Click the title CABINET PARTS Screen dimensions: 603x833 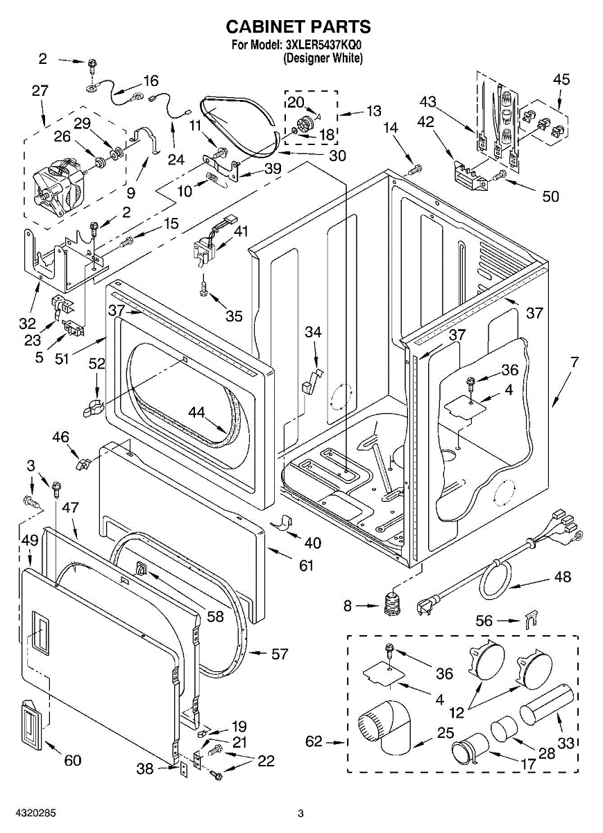point(298,27)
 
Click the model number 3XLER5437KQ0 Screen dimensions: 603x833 point(323,45)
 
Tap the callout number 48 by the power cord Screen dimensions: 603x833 point(562,576)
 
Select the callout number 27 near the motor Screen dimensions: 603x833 point(40,90)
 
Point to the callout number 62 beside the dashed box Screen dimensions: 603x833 point(314,741)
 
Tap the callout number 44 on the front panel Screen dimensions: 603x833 point(196,412)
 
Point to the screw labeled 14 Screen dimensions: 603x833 point(415,170)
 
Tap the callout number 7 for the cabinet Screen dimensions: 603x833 point(575,362)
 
